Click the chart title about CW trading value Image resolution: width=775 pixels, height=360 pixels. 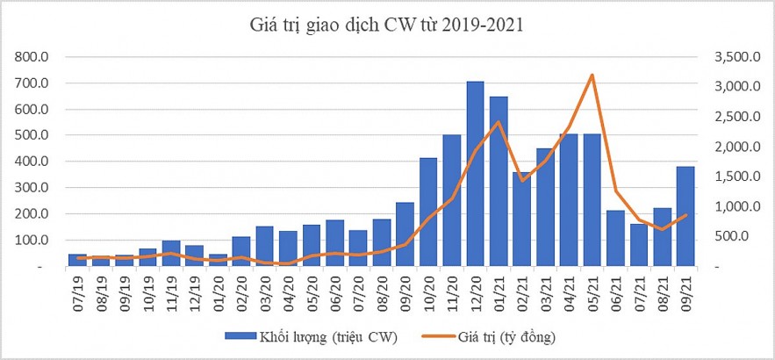coord(387,24)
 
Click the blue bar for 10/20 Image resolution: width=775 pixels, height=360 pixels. coord(428,212)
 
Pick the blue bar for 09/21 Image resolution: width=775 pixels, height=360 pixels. coord(685,216)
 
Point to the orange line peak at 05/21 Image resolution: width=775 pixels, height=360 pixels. coord(592,75)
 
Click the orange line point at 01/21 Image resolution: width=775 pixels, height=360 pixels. coord(499,121)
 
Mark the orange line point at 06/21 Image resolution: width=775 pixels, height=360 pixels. coord(616,191)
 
